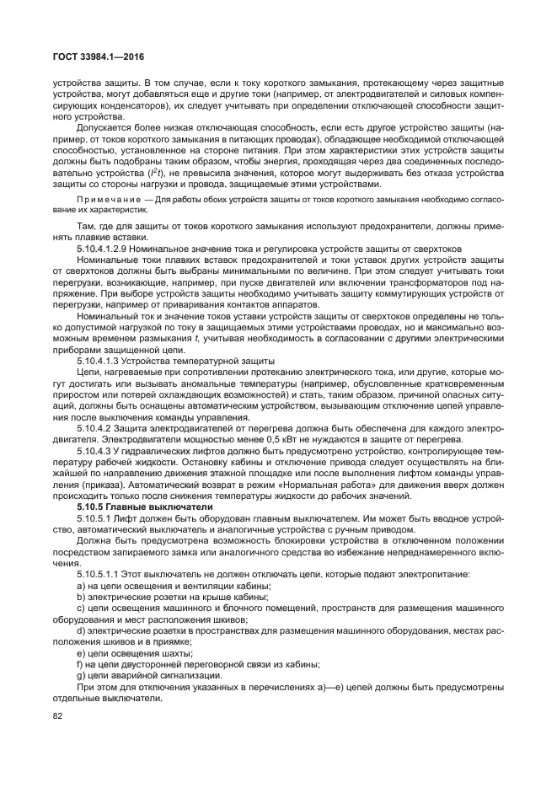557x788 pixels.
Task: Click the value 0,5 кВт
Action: [270, 440]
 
